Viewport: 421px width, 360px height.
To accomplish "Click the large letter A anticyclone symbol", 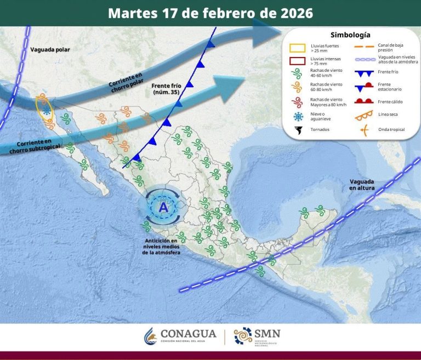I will tap(163, 208).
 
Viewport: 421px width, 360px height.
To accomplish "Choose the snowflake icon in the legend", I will tap(298, 116).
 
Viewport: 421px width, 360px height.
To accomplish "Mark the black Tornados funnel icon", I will tap(298, 130).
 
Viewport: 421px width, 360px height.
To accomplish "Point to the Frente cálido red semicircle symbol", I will tap(363, 101).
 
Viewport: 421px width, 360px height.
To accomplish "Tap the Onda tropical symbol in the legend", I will tap(363, 130).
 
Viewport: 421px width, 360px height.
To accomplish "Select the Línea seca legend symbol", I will tap(363, 116).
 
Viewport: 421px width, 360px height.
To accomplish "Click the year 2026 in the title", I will tap(295, 13).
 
